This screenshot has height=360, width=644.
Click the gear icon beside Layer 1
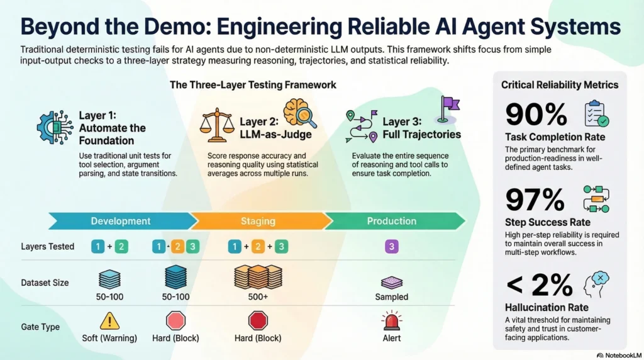tap(54, 128)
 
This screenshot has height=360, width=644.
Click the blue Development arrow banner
tap(121, 221)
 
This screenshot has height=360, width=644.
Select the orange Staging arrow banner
tap(258, 221)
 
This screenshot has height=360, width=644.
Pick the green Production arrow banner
tap(391, 221)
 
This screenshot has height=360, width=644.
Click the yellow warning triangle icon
tap(109, 321)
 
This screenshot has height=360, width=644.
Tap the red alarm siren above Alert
tap(392, 321)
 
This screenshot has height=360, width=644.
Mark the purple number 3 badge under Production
tap(391, 247)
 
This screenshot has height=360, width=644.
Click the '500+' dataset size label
tap(258, 296)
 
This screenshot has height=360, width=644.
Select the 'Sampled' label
tap(391, 296)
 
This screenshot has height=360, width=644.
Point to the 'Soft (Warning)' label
tap(109, 338)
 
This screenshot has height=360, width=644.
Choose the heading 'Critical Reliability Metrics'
tap(559, 85)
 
